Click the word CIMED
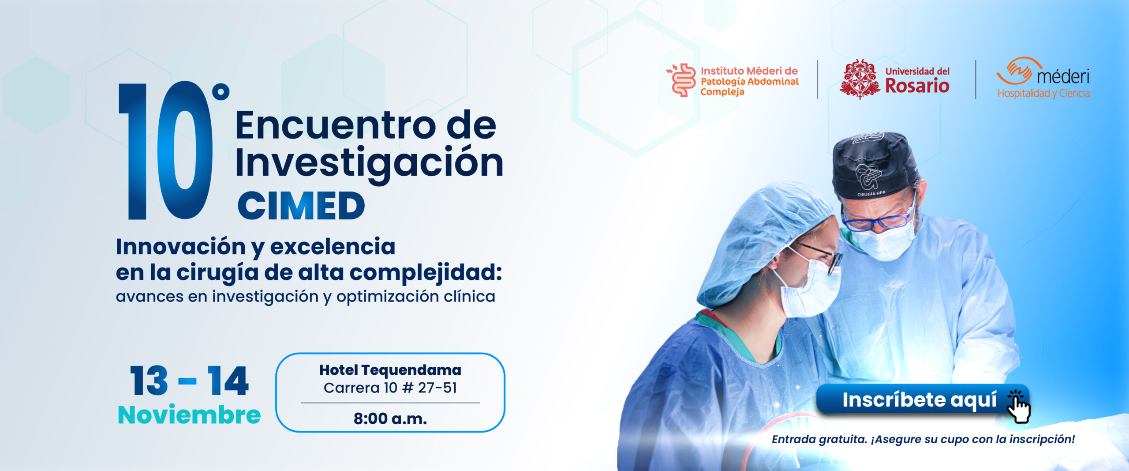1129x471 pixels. pyautogui.click(x=302, y=206)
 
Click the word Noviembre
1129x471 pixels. pyautogui.click(x=189, y=415)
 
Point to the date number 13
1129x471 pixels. pyautogui.click(x=149, y=381)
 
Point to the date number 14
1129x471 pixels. pyautogui.click(x=228, y=381)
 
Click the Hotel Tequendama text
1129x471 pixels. pyautogui.click(x=390, y=370)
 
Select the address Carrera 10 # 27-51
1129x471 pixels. pyautogui.click(x=390, y=388)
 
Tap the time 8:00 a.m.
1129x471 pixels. pyautogui.click(x=390, y=418)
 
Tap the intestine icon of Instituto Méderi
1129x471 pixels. pyautogui.click(x=682, y=80)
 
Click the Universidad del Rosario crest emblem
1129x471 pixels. pyautogui.click(x=859, y=79)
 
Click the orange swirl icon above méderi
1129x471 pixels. pyautogui.click(x=1019, y=71)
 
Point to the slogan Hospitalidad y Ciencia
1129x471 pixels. pyautogui.click(x=1043, y=93)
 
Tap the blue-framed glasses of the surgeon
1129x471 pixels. pyautogui.click(x=878, y=219)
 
